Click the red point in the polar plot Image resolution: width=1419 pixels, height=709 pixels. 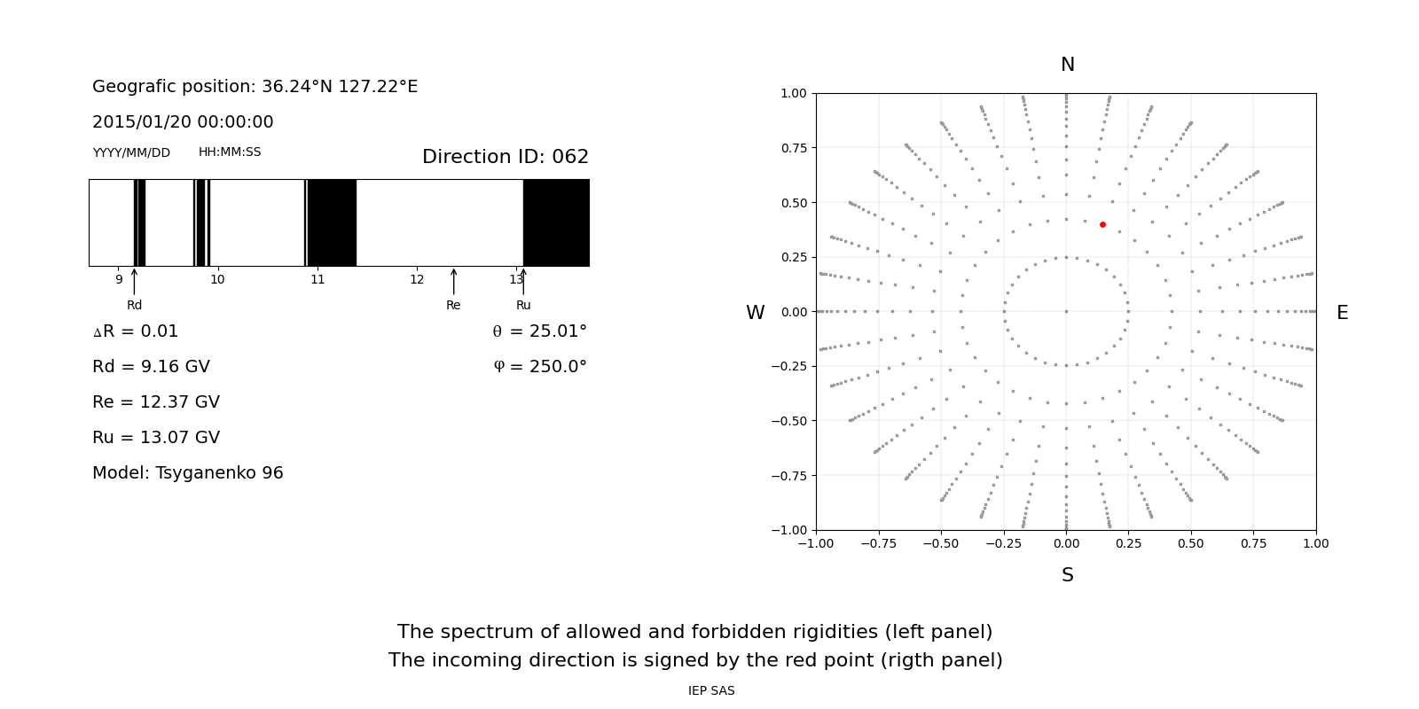pos(1102,224)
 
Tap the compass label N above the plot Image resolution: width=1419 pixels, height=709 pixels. pos(1067,65)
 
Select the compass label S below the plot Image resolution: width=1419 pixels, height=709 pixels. pos(1067,575)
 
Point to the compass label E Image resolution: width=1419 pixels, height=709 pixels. pos(1342,313)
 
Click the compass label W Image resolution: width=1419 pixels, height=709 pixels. pos(755,313)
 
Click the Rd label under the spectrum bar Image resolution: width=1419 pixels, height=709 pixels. pos(134,306)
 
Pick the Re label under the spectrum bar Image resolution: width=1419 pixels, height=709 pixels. pos(453,306)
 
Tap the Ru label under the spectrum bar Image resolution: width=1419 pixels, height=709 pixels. pos(523,306)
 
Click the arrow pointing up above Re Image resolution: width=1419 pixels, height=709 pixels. pos(453,281)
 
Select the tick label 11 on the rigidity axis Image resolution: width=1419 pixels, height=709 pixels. pos(318,280)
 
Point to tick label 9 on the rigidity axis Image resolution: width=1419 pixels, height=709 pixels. pos(119,280)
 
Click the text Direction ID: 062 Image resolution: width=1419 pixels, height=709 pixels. pos(505,157)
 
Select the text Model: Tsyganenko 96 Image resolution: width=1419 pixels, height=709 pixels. pos(188,473)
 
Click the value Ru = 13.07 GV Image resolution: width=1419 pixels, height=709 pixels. pos(156,438)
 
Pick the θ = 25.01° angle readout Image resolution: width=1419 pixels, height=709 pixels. pos(539,331)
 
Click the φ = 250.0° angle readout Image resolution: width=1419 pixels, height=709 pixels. pos(539,367)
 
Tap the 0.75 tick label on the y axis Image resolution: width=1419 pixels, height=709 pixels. pos(793,148)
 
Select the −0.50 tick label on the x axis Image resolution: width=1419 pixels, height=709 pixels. pos(940,543)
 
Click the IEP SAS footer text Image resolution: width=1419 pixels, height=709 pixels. pos(711,691)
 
